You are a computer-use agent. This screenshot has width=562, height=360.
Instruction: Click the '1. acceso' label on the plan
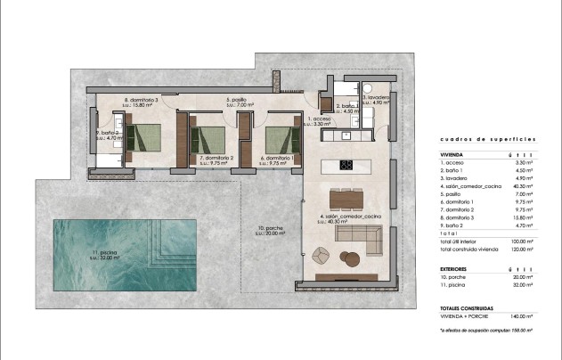[320, 118]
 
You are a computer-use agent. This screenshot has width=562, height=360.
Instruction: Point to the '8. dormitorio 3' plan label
[141, 100]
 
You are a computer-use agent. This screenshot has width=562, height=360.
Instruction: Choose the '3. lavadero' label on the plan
[375, 98]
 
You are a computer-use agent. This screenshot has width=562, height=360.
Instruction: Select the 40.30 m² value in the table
[523, 185]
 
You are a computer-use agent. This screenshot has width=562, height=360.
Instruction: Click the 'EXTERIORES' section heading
[456, 267]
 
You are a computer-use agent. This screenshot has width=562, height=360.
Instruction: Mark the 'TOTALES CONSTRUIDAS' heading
[468, 307]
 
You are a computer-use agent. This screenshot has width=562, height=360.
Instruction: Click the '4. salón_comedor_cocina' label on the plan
[350, 217]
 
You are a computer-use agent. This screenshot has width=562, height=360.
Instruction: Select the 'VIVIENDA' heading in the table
[452, 154]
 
